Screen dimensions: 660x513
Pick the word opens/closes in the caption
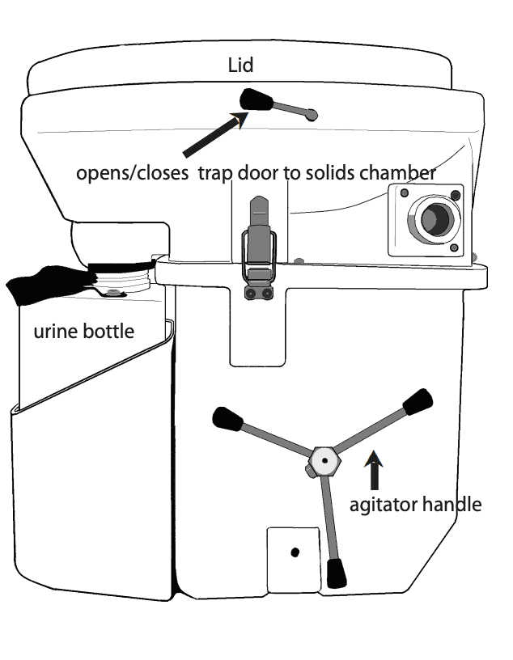[x=133, y=173]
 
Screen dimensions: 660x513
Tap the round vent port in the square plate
[x=430, y=219]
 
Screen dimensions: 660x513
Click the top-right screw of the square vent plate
[x=457, y=195]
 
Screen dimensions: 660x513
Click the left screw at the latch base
[x=252, y=293]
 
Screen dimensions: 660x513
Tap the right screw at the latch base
[x=266, y=293]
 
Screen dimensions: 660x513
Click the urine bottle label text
[x=83, y=332]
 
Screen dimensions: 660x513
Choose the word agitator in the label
[x=384, y=505]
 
